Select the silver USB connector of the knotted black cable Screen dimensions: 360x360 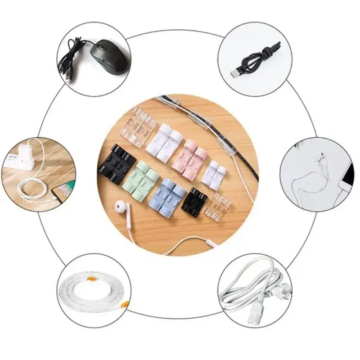click(238, 73)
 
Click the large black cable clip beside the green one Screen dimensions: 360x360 click(117, 164)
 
